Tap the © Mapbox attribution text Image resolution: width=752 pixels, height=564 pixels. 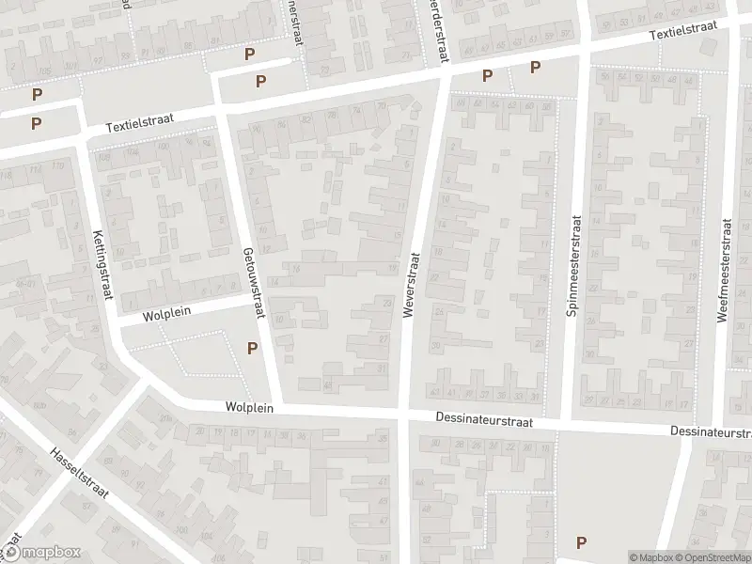pyautogui.click(x=650, y=557)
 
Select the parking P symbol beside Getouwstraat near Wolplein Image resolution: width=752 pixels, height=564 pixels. pyautogui.click(x=252, y=348)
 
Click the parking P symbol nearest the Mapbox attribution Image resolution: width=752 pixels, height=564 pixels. pyautogui.click(x=581, y=541)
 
